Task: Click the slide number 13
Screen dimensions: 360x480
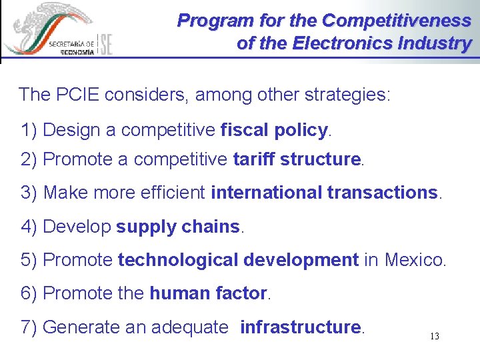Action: [434, 337]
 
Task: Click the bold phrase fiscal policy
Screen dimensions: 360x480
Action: [273, 130]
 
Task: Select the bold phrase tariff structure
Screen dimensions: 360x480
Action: [297, 159]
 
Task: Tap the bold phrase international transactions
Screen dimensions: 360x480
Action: [325, 193]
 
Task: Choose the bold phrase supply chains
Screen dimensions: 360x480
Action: [177, 227]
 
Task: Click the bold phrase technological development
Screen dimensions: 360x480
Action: [238, 259]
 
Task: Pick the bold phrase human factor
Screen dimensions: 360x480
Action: [208, 293]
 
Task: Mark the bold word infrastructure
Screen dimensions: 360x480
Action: [300, 327]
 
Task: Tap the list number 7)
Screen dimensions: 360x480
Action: [29, 327]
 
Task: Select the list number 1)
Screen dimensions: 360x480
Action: [29, 130]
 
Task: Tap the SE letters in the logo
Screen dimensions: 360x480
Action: [106, 44]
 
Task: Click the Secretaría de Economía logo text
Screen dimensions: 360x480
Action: [71, 47]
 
